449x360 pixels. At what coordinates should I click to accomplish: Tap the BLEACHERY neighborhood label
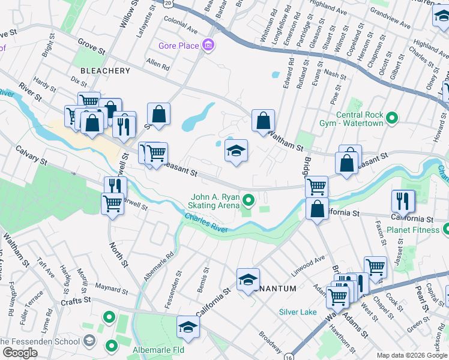point(104,71)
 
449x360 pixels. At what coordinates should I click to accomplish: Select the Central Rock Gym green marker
point(393,118)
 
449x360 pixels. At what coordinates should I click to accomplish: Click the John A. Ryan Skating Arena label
point(215,201)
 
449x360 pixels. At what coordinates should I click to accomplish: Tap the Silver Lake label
point(298,312)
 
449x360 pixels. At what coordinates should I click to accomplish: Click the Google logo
point(20,353)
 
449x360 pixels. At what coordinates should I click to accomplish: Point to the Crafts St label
point(79,299)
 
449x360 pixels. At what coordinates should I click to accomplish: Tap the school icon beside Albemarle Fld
point(188,327)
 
